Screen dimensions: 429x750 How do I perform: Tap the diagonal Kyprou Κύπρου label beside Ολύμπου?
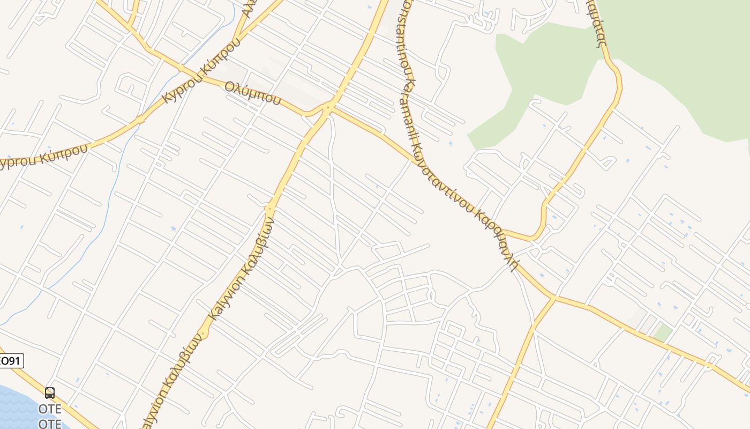click(199, 72)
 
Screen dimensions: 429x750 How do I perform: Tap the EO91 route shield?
click(11, 360)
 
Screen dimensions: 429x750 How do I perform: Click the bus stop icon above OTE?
click(50, 393)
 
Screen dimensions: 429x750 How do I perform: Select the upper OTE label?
click(50, 409)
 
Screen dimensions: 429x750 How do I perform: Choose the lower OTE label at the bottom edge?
click(50, 424)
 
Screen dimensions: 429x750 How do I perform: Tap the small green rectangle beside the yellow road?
click(663, 333)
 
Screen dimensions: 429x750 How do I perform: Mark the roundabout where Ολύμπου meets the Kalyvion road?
click(328, 107)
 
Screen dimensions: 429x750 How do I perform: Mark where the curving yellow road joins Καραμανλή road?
click(506, 232)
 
